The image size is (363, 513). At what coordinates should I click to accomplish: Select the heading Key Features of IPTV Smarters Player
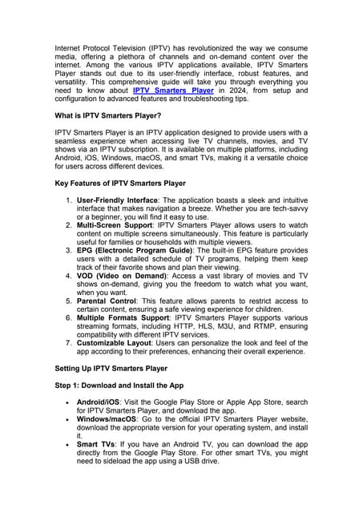pyautogui.click(x=120, y=184)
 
